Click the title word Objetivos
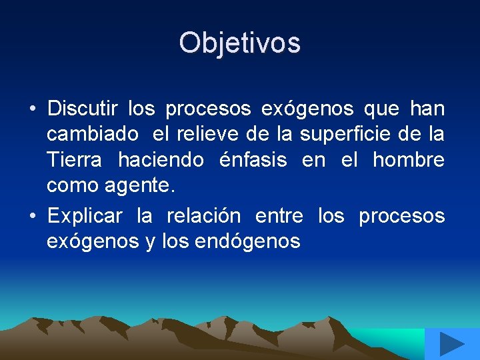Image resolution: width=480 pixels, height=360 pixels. click(239, 43)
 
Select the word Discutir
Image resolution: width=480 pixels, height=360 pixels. click(83, 108)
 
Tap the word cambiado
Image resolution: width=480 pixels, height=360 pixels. click(93, 135)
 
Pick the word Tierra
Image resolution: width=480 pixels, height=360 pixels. click(74, 161)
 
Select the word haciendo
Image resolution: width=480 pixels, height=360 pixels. click(162, 161)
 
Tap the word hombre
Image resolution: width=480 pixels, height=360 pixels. click(408, 161)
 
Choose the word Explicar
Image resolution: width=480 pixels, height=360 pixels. click(85, 216)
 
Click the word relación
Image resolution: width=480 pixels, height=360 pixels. click(203, 216)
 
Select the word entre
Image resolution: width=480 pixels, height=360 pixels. click(279, 216)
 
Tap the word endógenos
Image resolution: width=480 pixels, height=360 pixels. click(248, 242)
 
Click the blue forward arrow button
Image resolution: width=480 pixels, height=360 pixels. click(452, 345)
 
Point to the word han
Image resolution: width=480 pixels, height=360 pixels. click(427, 108)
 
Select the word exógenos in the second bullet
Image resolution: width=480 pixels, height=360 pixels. click(93, 242)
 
